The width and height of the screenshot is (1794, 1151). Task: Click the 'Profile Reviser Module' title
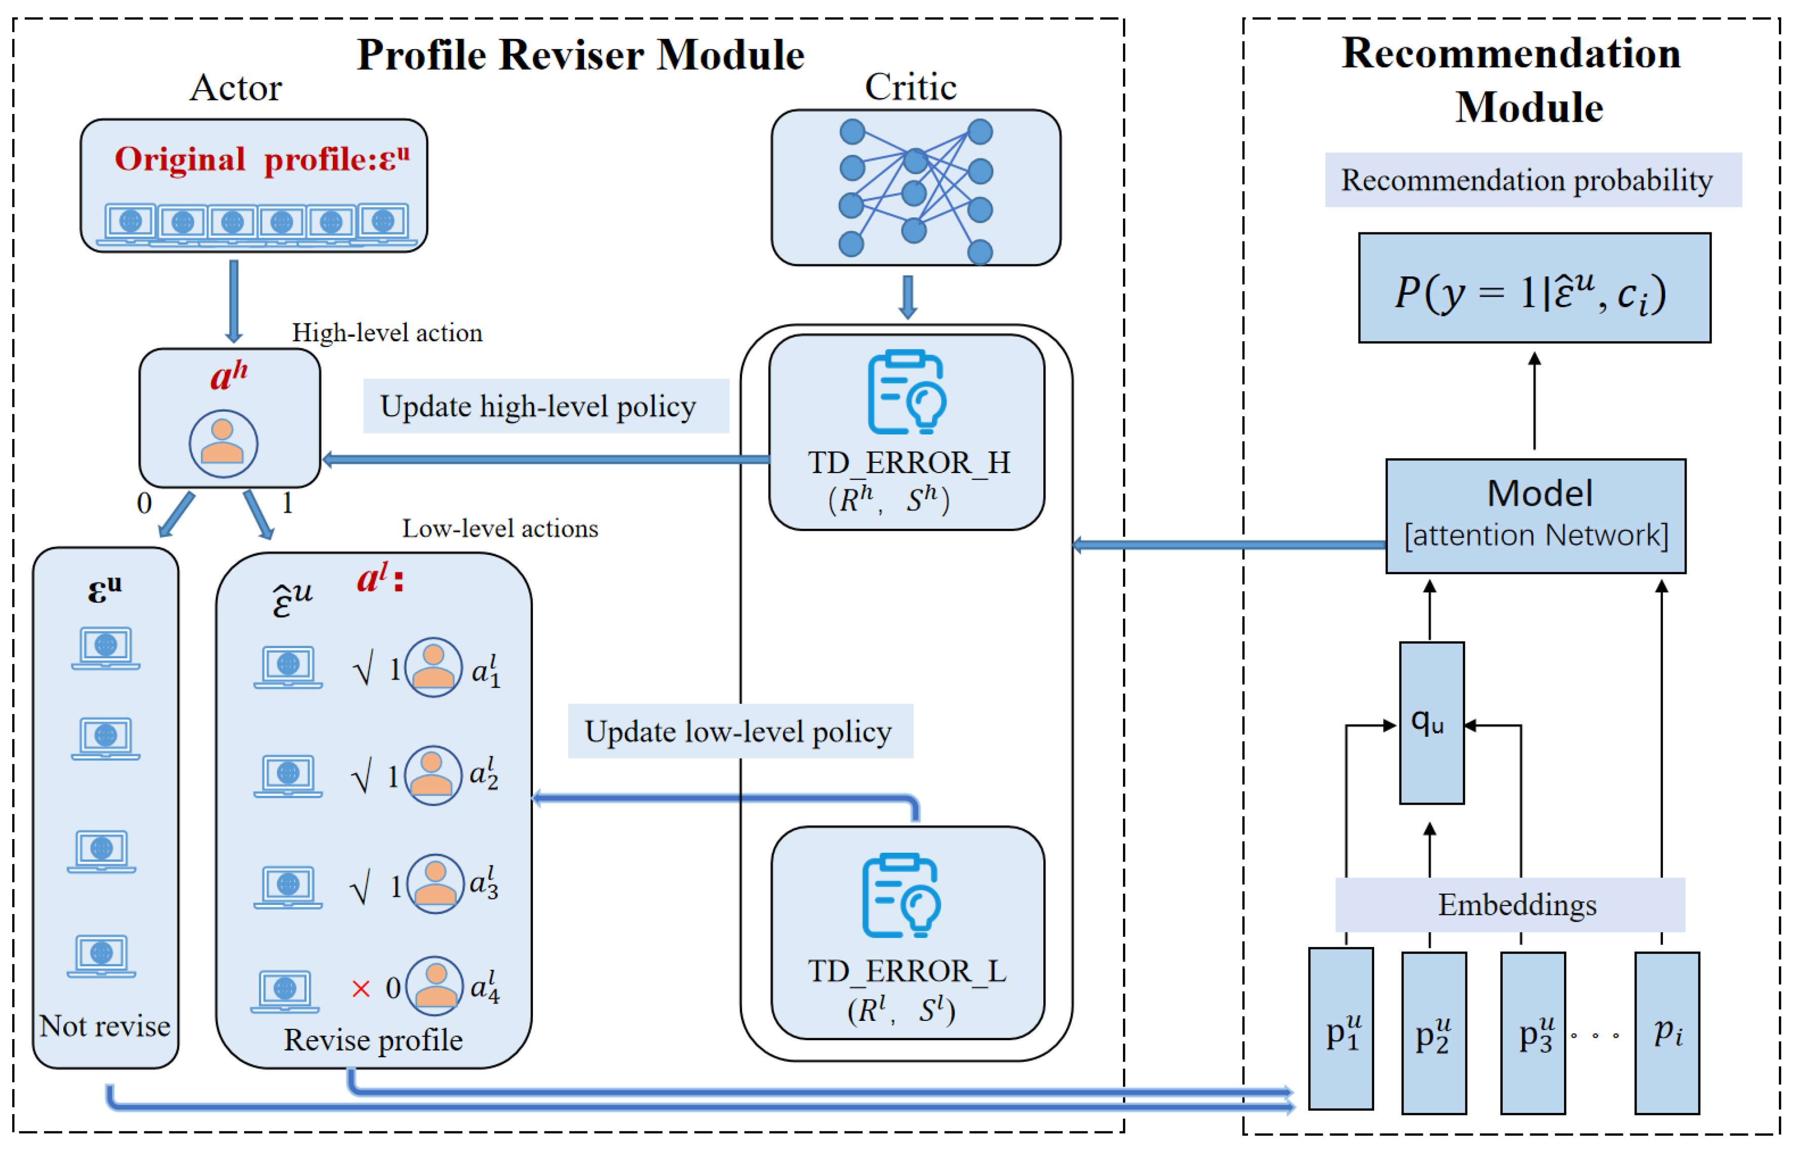click(580, 55)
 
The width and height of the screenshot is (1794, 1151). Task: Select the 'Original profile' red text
click(262, 159)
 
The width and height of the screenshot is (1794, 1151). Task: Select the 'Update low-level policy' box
click(740, 731)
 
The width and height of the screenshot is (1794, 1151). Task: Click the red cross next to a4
click(360, 989)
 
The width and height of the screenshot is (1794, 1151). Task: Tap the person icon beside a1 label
click(433, 667)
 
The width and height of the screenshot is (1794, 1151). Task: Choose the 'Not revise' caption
click(105, 1025)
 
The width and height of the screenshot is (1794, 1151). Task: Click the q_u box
click(1431, 723)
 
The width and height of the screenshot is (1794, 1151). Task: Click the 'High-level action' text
click(386, 333)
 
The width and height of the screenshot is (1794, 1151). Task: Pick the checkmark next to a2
click(362, 778)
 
